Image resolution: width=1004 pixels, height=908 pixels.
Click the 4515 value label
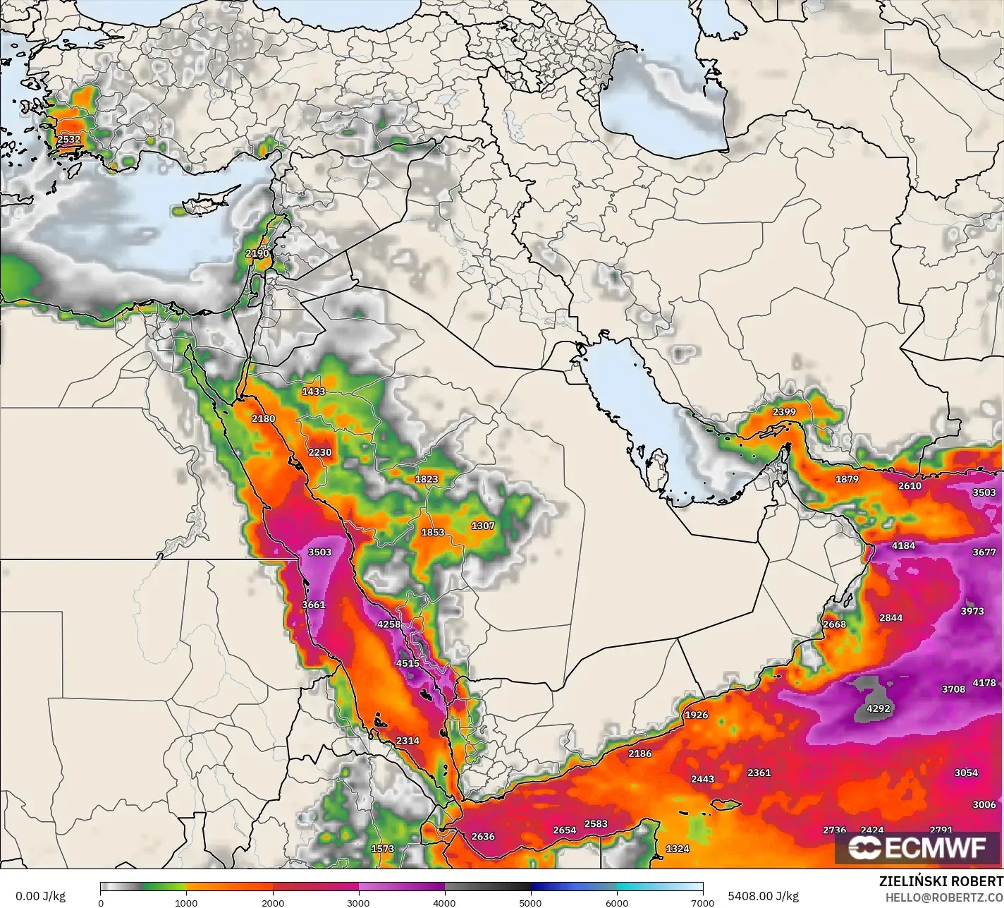tap(408, 663)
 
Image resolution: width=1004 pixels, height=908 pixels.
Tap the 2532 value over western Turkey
tap(69, 139)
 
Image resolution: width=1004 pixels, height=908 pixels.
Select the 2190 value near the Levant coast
tap(257, 253)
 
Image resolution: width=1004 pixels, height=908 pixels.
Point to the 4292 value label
tap(878, 708)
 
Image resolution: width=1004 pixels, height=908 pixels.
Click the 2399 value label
tap(784, 412)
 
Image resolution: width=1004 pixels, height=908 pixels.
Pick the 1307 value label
tap(483, 526)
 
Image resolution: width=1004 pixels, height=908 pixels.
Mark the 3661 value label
tap(313, 605)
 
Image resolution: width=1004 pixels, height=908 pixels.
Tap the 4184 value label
tap(903, 545)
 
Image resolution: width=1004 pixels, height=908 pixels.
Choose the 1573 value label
tap(383, 849)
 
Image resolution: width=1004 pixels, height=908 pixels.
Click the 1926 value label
tap(696, 715)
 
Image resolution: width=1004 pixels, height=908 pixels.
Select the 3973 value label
tap(972, 611)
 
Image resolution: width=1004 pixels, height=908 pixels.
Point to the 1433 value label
tap(314, 391)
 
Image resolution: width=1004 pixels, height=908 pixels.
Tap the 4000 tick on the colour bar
tap(445, 902)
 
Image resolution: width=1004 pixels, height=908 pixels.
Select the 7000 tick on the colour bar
tap(703, 902)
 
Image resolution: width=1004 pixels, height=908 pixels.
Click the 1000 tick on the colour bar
tap(186, 902)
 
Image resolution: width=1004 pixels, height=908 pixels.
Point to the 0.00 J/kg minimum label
tap(40, 897)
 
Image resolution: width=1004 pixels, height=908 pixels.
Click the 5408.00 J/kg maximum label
tap(763, 897)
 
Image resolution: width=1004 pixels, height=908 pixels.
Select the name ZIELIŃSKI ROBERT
tap(941, 882)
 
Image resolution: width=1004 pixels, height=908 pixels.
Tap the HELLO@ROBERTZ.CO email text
tap(944, 897)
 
